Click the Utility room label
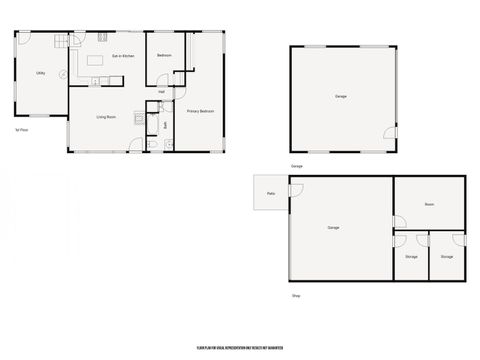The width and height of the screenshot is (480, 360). coord(40,72)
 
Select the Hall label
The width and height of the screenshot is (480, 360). coord(161,92)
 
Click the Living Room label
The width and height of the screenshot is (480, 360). coord(109,117)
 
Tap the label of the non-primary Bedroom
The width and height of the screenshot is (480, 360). coord(165,55)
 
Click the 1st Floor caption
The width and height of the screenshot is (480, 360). coord(20,130)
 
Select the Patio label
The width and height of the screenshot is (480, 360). coord(271,194)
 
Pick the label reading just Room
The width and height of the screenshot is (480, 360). coord(429,204)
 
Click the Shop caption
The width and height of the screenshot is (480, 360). coord(296,296)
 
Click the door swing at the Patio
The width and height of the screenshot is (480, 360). coord(295,190)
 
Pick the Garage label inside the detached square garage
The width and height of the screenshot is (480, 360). coord(340,96)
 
